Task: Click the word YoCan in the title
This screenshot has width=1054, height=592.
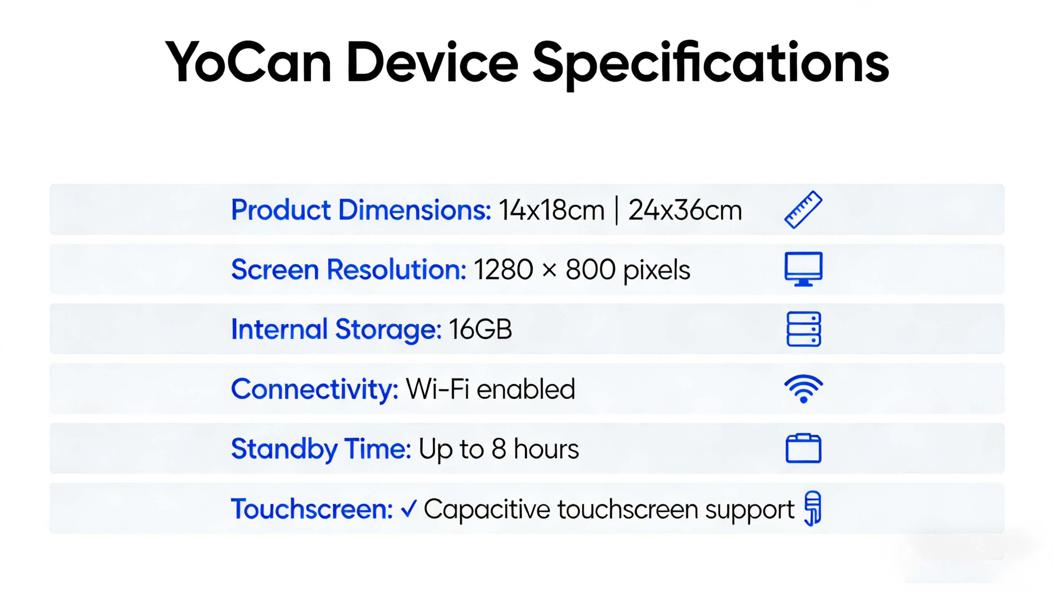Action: click(x=248, y=62)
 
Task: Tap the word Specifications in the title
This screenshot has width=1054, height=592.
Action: click(x=711, y=66)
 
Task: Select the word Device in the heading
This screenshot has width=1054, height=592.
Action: click(x=432, y=62)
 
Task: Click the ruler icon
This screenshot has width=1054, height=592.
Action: click(x=803, y=209)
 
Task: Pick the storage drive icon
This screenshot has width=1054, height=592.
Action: click(x=803, y=329)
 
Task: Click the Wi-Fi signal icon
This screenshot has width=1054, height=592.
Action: click(x=803, y=388)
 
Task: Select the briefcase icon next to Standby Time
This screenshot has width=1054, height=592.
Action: click(x=803, y=448)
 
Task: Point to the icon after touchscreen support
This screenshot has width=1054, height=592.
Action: click(x=813, y=508)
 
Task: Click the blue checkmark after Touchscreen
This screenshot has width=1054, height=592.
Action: click(x=408, y=509)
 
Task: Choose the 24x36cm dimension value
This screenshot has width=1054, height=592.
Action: click(x=685, y=210)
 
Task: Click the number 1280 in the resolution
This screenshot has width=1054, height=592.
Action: click(x=503, y=270)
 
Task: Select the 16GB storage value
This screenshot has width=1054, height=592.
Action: click(x=480, y=329)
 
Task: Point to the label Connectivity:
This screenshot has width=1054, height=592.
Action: click(x=315, y=389)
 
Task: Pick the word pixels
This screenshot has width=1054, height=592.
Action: click(x=657, y=271)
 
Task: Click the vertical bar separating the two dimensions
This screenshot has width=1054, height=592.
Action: click(x=617, y=210)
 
